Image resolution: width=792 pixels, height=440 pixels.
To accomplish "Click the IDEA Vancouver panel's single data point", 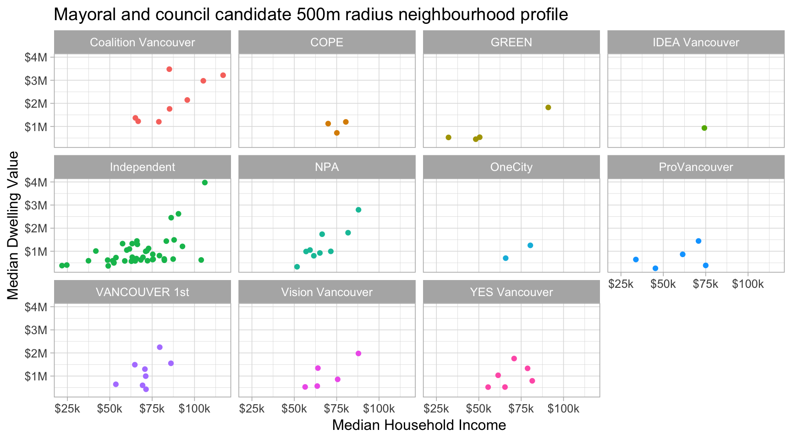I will (704, 128).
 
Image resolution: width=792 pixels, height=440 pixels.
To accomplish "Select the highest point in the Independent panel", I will (205, 182).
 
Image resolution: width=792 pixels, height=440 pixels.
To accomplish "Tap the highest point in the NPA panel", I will (358, 210).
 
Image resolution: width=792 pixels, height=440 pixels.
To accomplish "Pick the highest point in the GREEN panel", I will (548, 107).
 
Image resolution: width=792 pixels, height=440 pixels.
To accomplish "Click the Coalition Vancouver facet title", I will (143, 43).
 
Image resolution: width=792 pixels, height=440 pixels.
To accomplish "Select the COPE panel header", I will (327, 43).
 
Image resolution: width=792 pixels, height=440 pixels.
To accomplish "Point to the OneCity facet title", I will (511, 167).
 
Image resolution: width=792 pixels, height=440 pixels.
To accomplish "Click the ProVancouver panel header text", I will (696, 167).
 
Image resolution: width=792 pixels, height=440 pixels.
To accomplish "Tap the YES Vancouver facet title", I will (511, 292).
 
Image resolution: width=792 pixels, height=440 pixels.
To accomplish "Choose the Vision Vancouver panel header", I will (327, 292).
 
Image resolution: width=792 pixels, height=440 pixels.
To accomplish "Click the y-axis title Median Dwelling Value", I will (13, 225).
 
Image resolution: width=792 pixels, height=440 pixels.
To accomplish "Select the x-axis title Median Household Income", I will (419, 425).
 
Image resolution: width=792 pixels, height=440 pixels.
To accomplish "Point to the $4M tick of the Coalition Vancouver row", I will (36, 57).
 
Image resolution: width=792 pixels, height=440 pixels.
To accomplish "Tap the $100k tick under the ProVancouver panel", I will (748, 284).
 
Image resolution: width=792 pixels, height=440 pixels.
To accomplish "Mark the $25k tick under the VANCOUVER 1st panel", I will (67, 409).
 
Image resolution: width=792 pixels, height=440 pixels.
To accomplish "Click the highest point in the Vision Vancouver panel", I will (358, 353).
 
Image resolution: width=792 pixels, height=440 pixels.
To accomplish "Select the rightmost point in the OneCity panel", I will (530, 245).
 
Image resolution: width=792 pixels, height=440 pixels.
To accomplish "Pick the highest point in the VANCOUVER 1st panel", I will (159, 347).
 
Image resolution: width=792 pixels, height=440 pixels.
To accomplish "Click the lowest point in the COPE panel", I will (337, 133).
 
